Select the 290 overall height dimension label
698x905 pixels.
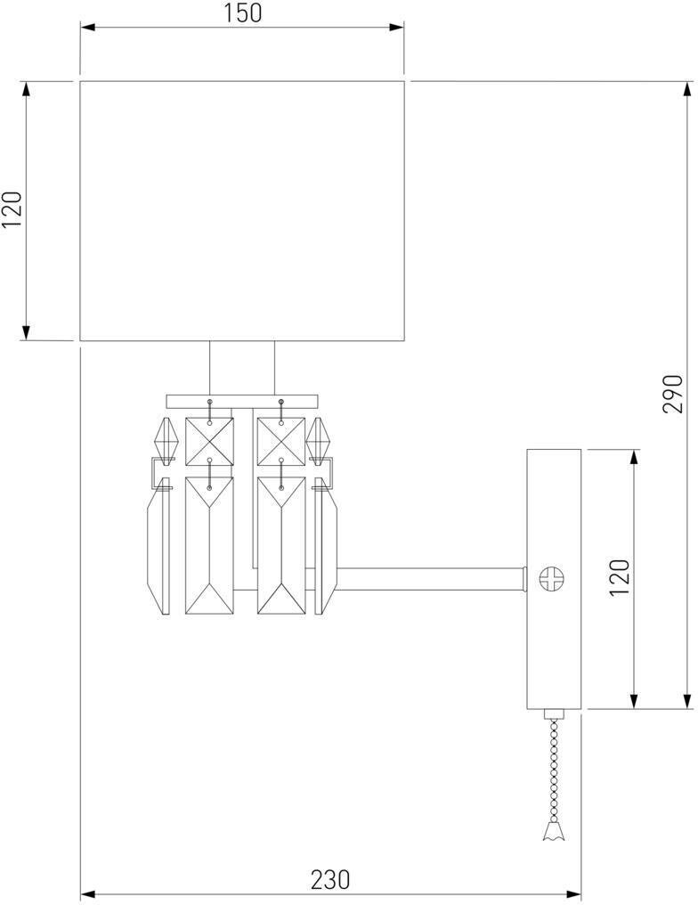(x=673, y=393)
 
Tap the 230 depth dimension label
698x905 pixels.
(x=330, y=880)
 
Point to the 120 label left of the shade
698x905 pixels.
(x=12, y=210)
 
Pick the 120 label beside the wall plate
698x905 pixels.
(x=620, y=577)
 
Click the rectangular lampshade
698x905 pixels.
(x=242, y=210)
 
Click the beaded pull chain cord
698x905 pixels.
(x=555, y=766)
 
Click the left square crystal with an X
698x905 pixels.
(x=208, y=440)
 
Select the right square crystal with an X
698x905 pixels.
(x=280, y=440)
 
